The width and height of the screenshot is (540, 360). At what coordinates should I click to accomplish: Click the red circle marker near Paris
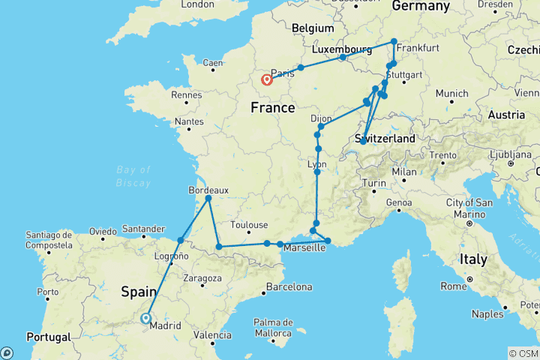point(266,80)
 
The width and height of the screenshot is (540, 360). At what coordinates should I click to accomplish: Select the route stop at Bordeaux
point(208,198)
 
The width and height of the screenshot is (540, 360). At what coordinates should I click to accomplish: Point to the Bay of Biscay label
point(134,176)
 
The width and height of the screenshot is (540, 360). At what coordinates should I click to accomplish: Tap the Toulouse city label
point(249,224)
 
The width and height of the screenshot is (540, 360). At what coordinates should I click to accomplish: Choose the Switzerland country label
point(383,139)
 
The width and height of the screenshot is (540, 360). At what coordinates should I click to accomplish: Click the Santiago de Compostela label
point(49,239)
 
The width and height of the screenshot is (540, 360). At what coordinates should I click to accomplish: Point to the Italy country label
point(473,259)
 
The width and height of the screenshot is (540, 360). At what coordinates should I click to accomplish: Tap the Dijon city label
point(322,118)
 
